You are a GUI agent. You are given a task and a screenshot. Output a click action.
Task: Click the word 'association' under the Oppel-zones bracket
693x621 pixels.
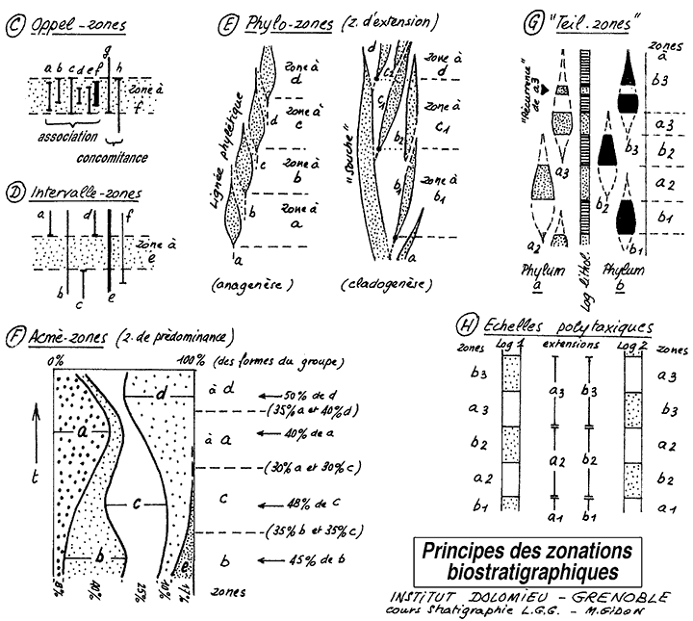(69, 137)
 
